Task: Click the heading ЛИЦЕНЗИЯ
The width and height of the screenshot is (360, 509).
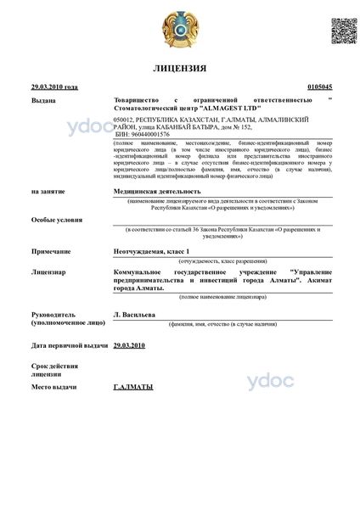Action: pos(180,67)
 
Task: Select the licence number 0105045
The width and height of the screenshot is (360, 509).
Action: pos(318,87)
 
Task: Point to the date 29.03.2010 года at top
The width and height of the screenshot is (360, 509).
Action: pos(54,87)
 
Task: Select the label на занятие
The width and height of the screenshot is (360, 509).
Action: pos(48,192)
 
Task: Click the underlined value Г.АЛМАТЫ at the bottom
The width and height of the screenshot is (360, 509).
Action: pos(133,387)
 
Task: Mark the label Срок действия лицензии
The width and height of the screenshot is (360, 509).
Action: pos(53,370)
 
